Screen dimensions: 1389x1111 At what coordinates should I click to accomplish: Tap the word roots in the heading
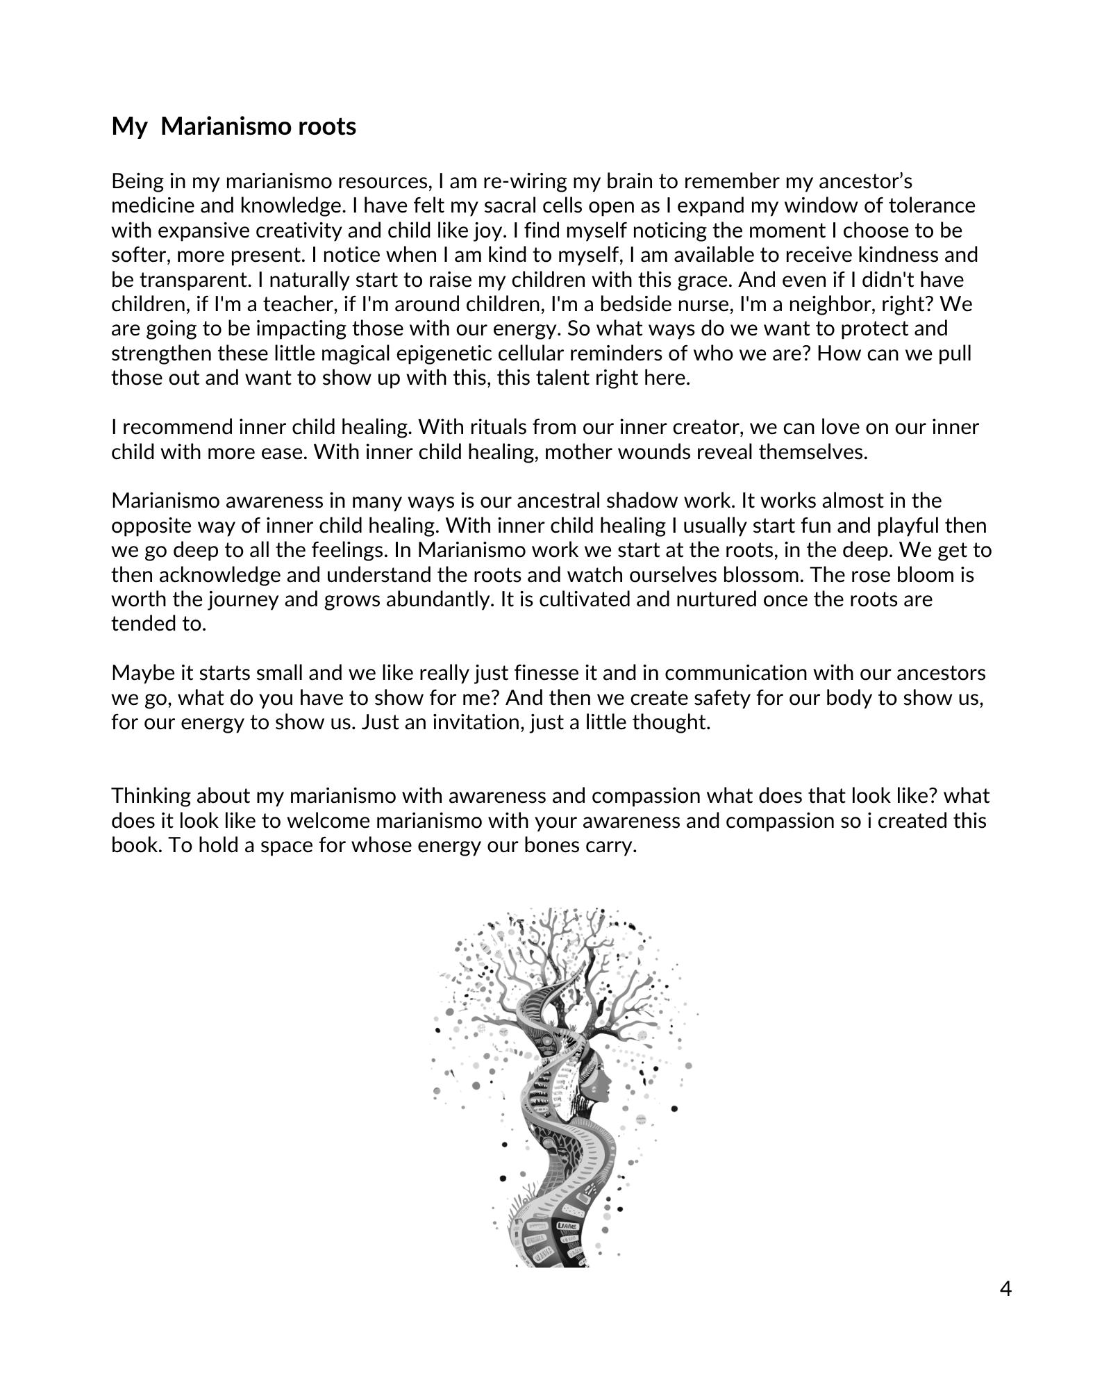click(326, 126)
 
